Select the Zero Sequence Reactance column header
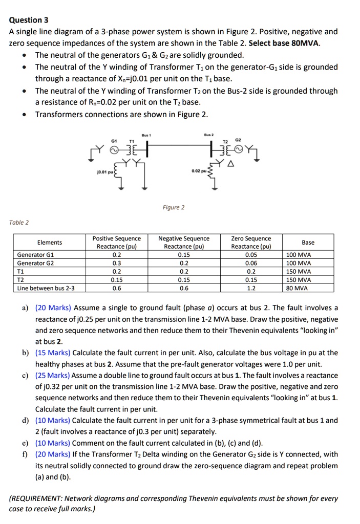(x=251, y=242)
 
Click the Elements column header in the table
(x=50, y=242)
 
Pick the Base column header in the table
(x=308, y=242)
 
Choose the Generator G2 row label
(x=35, y=263)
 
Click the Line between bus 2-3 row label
(x=46, y=288)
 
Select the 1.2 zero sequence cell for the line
(x=251, y=288)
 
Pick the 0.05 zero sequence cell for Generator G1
(x=251, y=255)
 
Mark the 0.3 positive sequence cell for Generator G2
(x=116, y=263)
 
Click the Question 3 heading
(x=29, y=20)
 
